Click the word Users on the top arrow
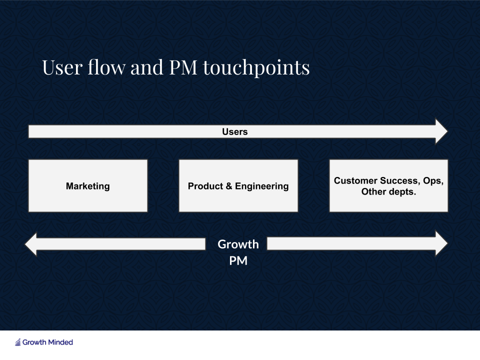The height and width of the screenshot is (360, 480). coord(235,131)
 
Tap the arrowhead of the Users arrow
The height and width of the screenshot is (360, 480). coord(441,131)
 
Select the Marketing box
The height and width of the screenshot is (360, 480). coord(88,185)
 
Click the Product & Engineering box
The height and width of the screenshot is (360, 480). coord(238,185)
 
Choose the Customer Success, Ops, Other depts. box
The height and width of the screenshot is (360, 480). coord(388,185)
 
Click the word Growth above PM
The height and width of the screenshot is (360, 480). coord(238,244)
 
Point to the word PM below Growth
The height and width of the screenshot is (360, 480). coord(238,261)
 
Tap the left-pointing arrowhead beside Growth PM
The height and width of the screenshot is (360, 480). coord(30,244)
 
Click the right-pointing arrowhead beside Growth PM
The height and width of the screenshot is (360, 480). coord(441,243)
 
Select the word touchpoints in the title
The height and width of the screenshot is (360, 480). coord(256,68)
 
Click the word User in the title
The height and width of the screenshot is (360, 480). coord(62,67)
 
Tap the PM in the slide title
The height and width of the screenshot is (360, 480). coord(183,67)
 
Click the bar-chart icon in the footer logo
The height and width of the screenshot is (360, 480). coord(18,342)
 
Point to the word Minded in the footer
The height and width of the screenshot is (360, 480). coord(60,342)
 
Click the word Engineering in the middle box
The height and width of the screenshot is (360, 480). coord(261,186)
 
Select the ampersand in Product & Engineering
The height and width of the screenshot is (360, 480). coord(229,186)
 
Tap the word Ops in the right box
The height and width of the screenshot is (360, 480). coord(433,181)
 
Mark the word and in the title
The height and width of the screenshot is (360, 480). coord(146,67)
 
